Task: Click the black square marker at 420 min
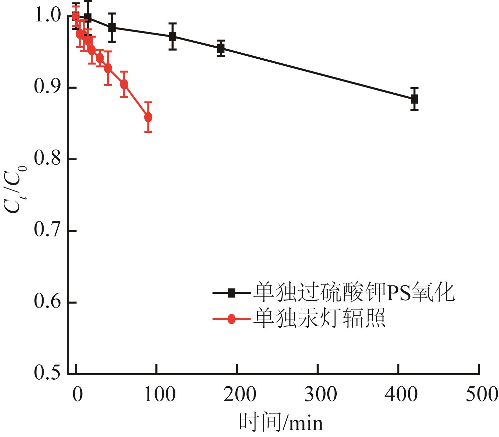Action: [x=414, y=99]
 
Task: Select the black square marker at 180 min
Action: [x=221, y=48]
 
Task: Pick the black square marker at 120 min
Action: [x=173, y=37]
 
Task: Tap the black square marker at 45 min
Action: [x=112, y=28]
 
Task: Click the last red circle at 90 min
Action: [x=148, y=117]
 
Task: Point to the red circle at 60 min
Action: [x=124, y=84]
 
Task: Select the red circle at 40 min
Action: [x=108, y=68]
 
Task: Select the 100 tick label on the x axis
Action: [x=160, y=394]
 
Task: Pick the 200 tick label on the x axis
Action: [x=240, y=394]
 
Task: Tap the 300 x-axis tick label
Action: [x=321, y=394]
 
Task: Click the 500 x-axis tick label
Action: [x=482, y=394]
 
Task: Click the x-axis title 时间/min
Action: [x=281, y=423]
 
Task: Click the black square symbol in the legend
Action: [x=231, y=293]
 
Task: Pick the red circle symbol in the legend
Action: [x=231, y=319]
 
